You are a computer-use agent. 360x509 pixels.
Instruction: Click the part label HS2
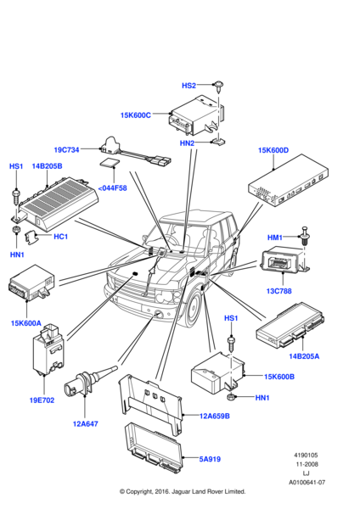click(x=188, y=86)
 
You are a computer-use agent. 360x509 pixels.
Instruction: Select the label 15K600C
click(x=137, y=115)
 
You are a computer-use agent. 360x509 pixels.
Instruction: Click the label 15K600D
click(x=273, y=150)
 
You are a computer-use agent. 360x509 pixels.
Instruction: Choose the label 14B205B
click(x=48, y=166)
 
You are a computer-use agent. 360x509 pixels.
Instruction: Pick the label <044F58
click(x=112, y=187)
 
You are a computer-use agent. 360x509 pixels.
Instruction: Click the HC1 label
click(x=60, y=237)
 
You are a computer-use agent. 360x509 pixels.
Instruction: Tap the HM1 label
click(x=276, y=238)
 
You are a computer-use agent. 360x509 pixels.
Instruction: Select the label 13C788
click(x=279, y=291)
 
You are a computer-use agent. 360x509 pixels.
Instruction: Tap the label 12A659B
click(x=214, y=416)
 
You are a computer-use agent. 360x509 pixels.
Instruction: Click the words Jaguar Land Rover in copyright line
click(x=198, y=491)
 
